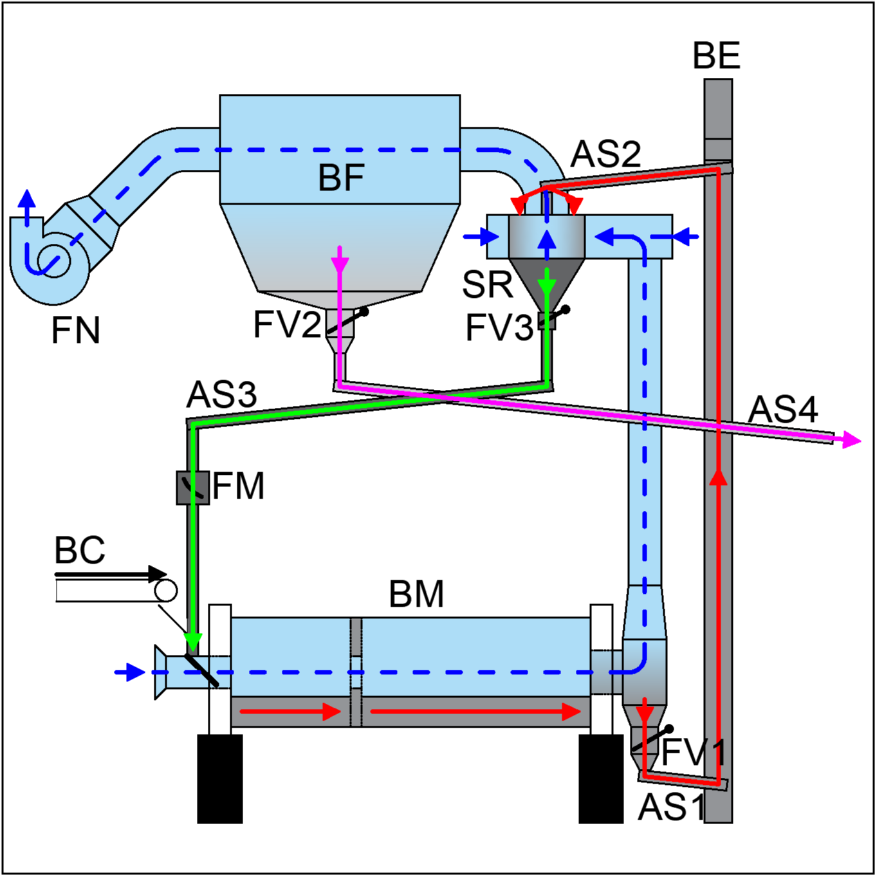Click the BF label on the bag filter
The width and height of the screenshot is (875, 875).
pos(341,178)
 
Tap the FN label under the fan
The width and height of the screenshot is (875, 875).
pos(75,330)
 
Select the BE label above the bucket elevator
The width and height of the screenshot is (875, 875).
pos(716,55)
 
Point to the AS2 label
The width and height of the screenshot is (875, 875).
pos(605,154)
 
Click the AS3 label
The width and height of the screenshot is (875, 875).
pos(221,394)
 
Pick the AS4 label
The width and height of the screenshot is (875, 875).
pos(783,409)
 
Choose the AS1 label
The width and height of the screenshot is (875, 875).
pos(672,807)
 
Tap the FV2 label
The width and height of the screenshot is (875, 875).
pos(288,324)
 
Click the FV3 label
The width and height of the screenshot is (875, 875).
pos(499,327)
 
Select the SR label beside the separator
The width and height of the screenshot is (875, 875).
pos(487,285)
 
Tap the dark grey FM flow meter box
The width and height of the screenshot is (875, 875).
pos(193,488)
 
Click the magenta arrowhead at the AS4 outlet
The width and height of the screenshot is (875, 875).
pos(851,440)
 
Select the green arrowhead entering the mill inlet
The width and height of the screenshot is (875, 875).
pos(194,643)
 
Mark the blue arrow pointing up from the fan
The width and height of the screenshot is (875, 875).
pos(28,208)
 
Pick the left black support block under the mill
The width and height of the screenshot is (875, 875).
pos(220,778)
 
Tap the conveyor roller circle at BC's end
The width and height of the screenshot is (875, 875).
pos(166,591)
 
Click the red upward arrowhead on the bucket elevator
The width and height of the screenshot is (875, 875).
pos(719,477)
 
